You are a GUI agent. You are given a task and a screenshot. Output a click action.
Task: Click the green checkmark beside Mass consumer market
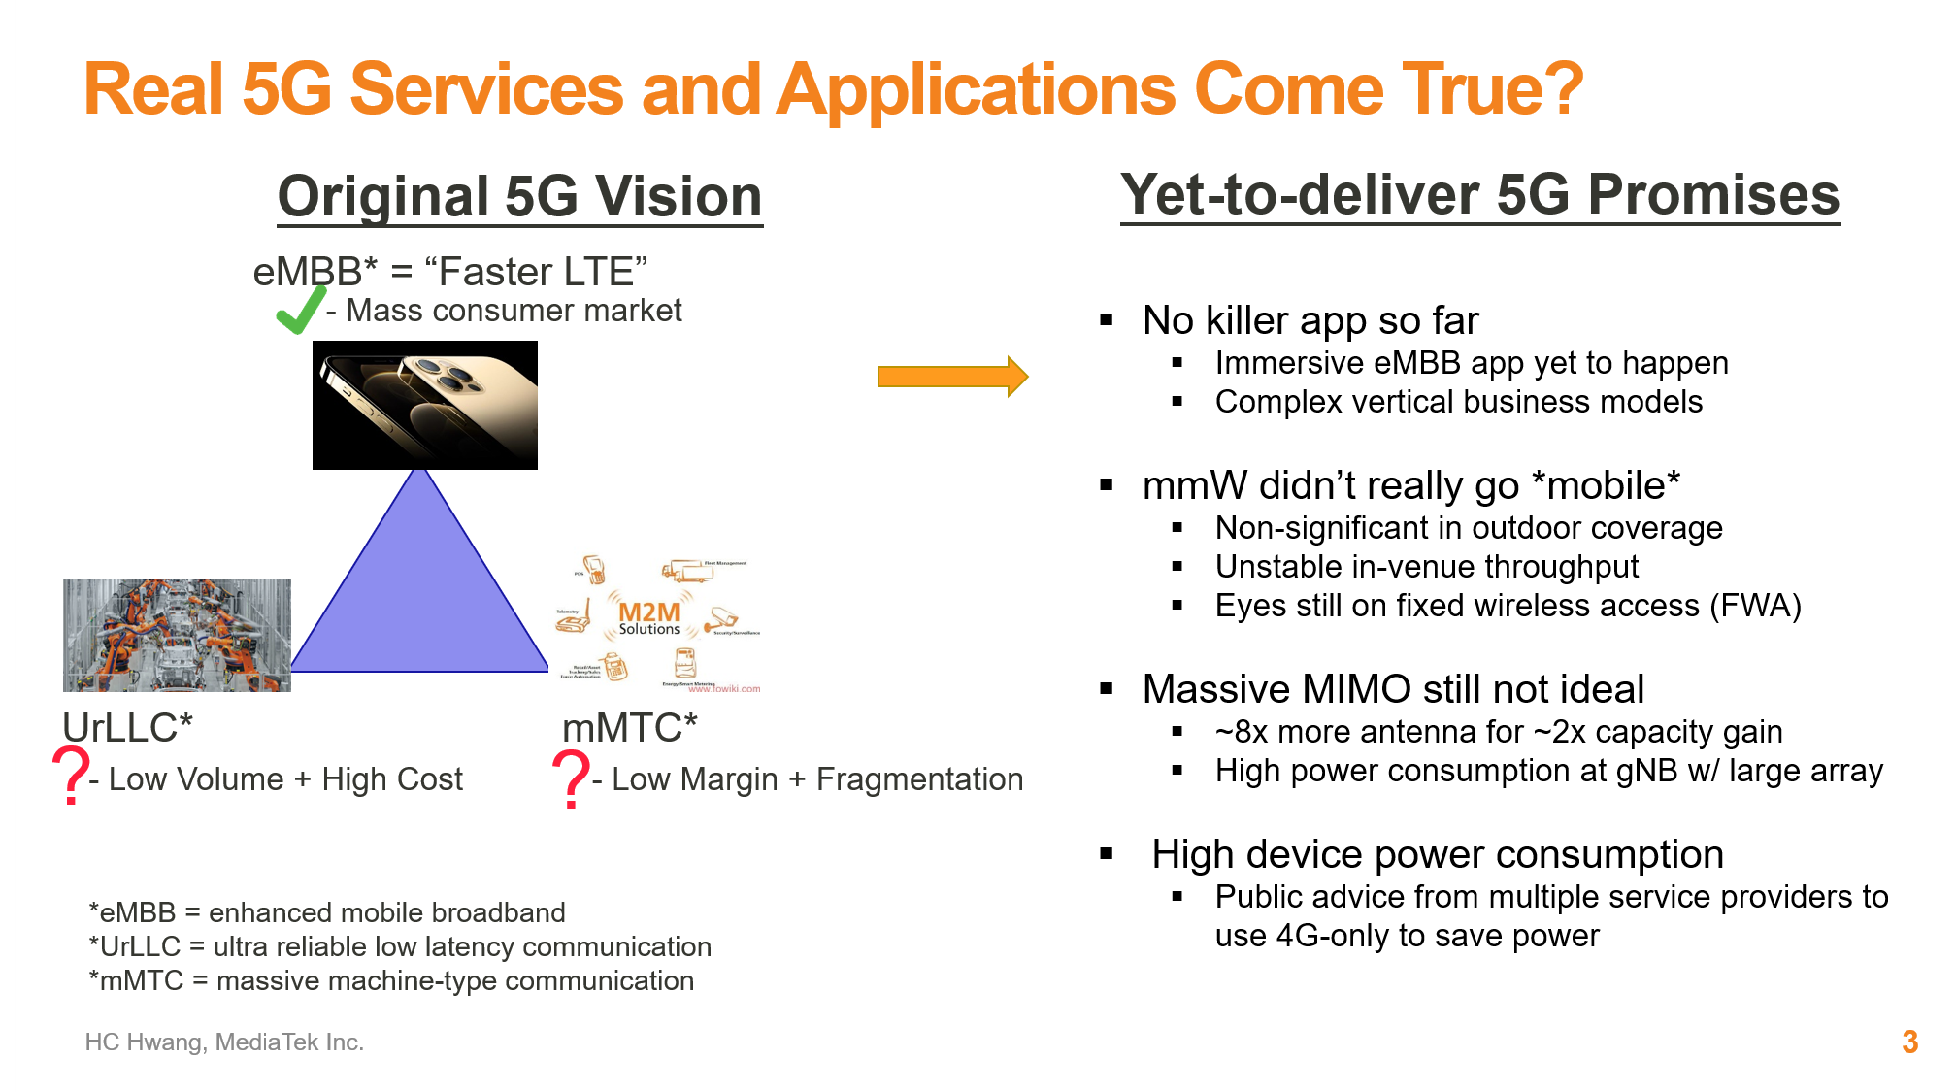click(300, 311)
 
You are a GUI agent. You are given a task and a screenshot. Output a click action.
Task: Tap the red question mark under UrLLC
click(71, 775)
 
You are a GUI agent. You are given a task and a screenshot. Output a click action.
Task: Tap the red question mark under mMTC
click(571, 778)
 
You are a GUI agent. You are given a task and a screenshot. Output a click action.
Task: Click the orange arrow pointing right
click(951, 377)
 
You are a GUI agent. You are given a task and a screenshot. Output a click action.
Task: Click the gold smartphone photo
click(425, 405)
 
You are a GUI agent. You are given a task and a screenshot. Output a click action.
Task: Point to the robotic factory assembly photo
click(177, 635)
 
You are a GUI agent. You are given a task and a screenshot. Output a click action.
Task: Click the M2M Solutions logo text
click(649, 618)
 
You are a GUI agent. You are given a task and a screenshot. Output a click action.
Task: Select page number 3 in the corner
click(1909, 1042)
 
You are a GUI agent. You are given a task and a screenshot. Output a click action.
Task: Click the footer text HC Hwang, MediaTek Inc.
click(224, 1042)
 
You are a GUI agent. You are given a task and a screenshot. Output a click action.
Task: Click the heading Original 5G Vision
click(519, 196)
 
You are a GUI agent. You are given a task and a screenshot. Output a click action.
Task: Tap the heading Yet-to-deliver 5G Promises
click(1479, 194)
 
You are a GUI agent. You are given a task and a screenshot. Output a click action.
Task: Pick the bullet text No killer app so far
click(1310, 320)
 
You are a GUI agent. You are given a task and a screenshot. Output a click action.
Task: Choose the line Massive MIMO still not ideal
click(1393, 689)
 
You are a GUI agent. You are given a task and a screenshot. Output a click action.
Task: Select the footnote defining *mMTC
click(391, 980)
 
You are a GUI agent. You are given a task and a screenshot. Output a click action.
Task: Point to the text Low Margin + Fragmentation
click(816, 779)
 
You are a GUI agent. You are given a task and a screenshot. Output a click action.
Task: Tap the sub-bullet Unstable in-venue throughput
click(1426, 567)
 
